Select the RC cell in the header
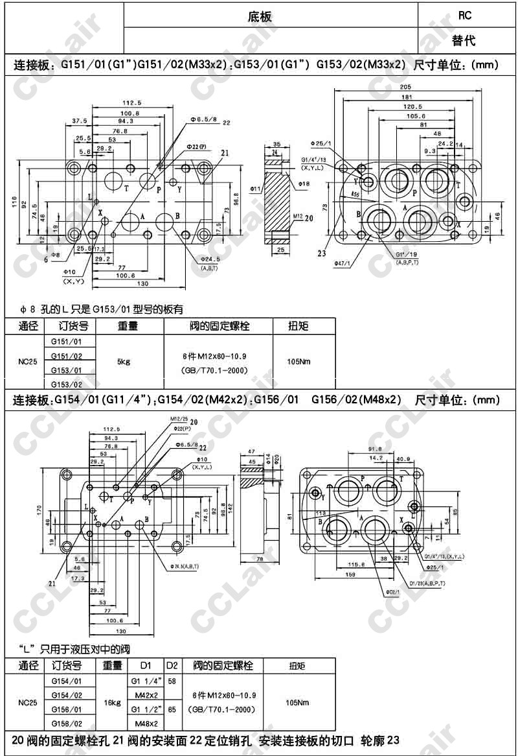[464, 15]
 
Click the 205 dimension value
[405, 87]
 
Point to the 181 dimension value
[405, 97]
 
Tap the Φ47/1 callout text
[341, 263]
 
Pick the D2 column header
[172, 666]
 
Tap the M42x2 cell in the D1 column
[143, 694]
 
